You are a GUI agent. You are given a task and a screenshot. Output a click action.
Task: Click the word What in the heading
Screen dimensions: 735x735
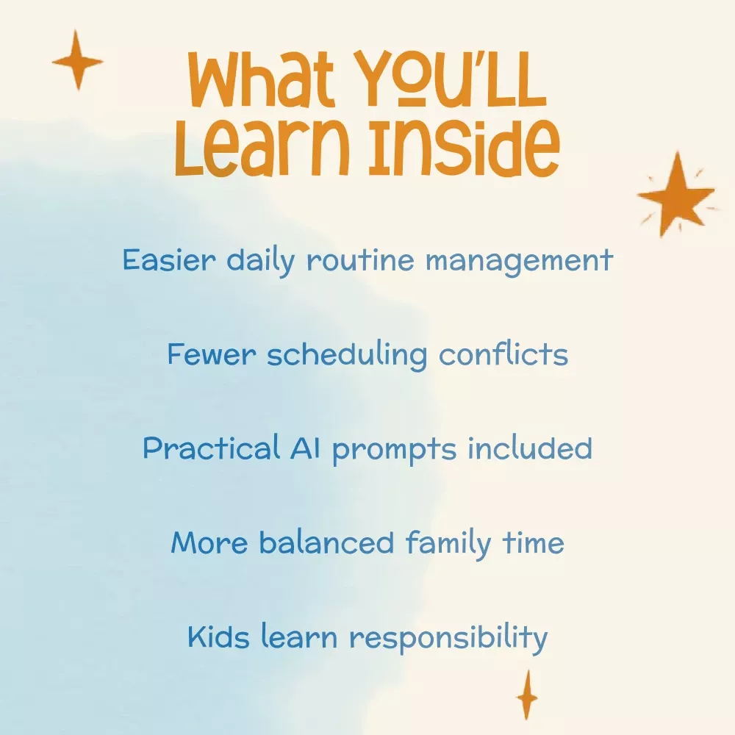[261, 79]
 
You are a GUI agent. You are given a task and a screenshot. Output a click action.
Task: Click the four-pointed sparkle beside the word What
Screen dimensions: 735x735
[77, 60]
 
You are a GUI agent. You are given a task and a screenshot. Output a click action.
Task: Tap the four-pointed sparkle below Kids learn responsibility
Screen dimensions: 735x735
[527, 695]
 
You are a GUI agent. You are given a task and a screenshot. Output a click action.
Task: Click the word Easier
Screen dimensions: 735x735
[169, 259]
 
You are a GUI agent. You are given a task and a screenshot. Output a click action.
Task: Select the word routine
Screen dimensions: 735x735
[360, 259]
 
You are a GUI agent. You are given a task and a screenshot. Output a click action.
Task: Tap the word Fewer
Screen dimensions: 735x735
[212, 354]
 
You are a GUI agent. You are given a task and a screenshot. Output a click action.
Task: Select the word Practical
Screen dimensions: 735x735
[212, 448]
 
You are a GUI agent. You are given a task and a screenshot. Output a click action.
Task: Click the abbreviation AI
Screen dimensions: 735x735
[305, 448]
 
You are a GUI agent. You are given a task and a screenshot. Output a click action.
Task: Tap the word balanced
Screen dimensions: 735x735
[326, 542]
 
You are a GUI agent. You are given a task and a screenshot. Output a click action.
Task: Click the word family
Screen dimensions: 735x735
[448, 544]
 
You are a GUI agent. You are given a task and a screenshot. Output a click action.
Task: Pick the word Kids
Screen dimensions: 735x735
[218, 636]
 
